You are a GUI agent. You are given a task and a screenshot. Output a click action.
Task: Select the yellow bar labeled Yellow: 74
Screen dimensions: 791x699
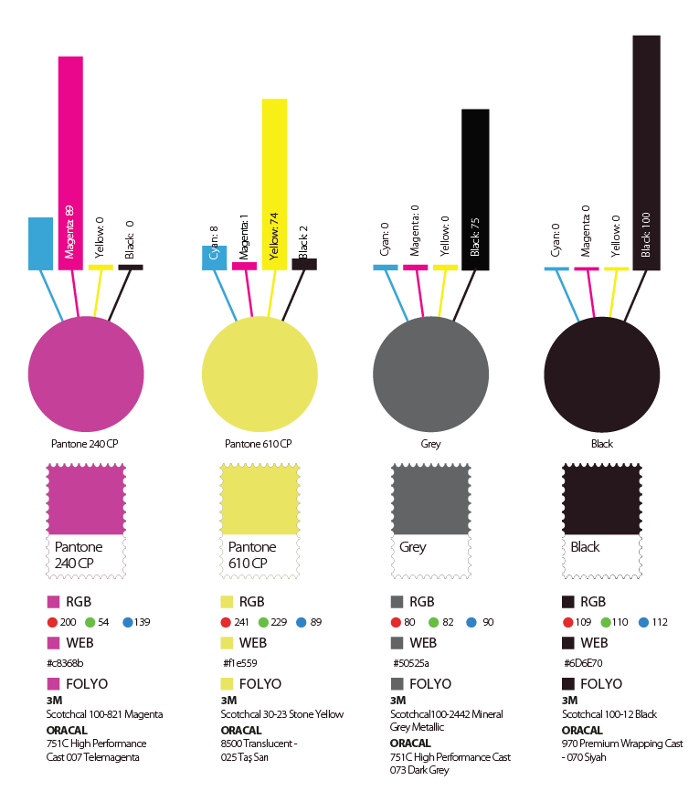tap(273, 183)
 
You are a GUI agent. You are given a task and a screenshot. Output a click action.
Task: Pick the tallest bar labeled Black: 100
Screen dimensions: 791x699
tap(646, 152)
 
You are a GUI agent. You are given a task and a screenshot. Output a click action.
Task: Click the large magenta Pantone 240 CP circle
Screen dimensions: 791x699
tap(86, 374)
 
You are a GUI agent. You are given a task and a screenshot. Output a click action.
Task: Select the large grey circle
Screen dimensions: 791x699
tap(431, 374)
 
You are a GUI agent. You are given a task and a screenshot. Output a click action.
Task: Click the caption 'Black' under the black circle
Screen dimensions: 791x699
tap(602, 444)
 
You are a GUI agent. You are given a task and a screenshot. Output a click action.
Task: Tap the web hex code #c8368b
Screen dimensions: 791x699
tap(64, 662)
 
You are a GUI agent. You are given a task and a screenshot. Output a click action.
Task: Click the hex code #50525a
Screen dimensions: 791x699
tap(410, 662)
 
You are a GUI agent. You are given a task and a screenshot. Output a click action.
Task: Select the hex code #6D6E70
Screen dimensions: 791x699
tap(581, 662)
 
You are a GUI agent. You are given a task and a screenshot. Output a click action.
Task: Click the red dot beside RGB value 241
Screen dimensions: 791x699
tap(226, 622)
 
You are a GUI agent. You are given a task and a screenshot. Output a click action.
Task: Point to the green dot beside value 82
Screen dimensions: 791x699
tap(434, 622)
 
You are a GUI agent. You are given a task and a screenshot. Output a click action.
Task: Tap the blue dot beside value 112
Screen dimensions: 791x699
tap(643, 622)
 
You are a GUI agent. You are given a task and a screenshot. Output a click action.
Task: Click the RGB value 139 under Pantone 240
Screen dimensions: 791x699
tap(142, 622)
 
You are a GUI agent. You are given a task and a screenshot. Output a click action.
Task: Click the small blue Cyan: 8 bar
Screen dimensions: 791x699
tap(215, 258)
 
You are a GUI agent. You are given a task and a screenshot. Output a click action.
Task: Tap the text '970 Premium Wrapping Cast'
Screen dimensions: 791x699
tap(622, 744)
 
